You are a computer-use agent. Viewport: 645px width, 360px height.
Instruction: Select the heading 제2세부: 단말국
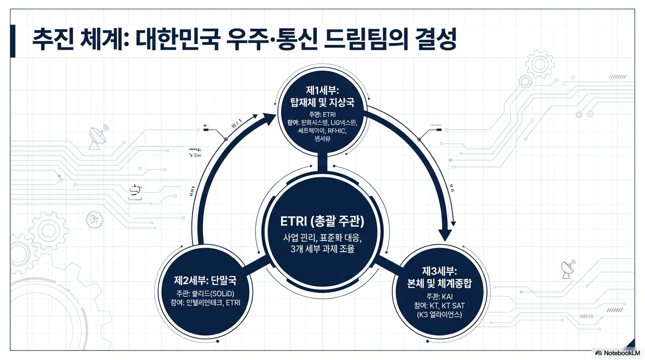[206, 281]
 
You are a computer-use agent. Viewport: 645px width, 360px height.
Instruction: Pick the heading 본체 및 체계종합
[439, 283]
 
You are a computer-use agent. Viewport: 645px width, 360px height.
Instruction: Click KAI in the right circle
[447, 296]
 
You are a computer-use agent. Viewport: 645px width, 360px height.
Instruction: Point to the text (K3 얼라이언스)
[439, 315]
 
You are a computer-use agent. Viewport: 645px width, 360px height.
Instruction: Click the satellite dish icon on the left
[98, 136]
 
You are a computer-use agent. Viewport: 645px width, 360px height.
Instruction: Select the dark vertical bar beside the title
[13, 41]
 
